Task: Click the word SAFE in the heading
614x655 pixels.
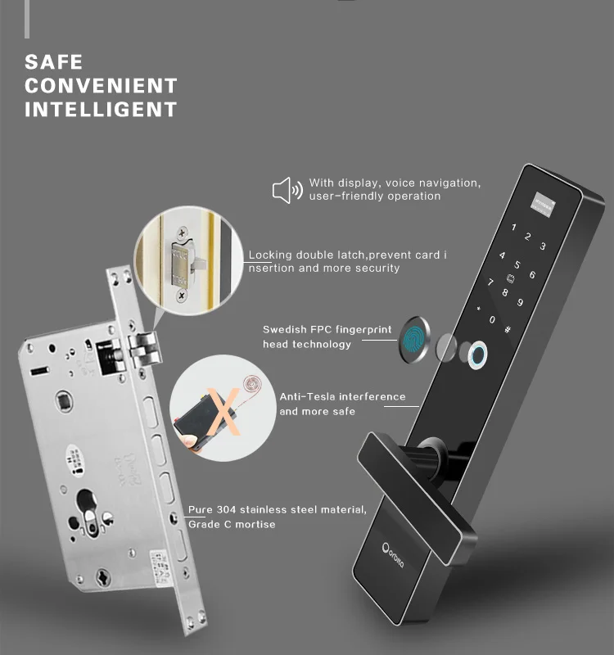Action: coord(54,62)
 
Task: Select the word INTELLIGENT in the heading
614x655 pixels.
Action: coord(101,109)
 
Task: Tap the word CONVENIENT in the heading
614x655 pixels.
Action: coord(101,85)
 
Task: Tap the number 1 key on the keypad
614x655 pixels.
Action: coord(513,229)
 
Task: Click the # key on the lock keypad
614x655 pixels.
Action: coord(508,330)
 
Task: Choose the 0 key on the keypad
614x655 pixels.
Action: coord(492,319)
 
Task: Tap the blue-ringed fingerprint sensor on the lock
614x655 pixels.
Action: coord(477,354)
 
